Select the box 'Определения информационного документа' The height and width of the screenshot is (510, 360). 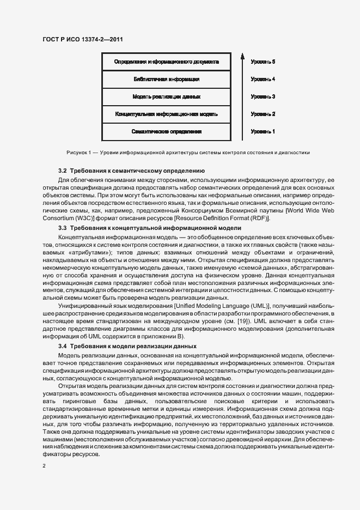pyautogui.click(x=167, y=62)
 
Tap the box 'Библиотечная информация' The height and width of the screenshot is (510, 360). pyautogui.click(x=167, y=79)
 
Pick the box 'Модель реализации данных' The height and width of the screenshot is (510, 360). pyautogui.click(x=167, y=96)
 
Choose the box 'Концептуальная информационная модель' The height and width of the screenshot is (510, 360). pyautogui.click(x=167, y=114)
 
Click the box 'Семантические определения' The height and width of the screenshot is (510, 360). pyautogui.click(x=167, y=132)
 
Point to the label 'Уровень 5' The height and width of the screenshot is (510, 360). pyautogui.click(x=263, y=62)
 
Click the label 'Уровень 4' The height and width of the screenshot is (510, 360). pyautogui.click(x=263, y=79)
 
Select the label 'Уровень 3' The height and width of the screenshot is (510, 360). pyautogui.click(x=263, y=96)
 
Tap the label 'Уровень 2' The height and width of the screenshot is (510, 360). pyautogui.click(x=263, y=114)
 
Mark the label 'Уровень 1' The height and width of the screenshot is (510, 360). pyautogui.click(x=263, y=132)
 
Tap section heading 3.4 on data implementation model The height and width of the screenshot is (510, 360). pyautogui.click(x=127, y=347)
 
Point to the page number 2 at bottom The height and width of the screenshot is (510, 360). pyautogui.click(x=44, y=466)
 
